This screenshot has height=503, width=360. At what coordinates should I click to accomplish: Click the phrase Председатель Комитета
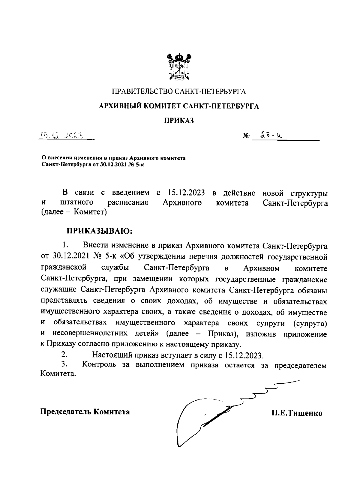click(x=85, y=412)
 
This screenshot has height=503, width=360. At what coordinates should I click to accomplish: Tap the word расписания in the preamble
click(x=128, y=202)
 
